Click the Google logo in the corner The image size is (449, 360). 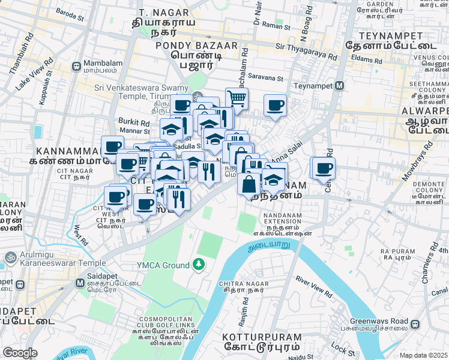click(x=20, y=353)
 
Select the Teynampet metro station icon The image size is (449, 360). click(x=340, y=85)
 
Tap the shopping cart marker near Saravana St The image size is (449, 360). click(x=237, y=97)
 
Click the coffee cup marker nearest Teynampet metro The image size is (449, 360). click(x=276, y=106)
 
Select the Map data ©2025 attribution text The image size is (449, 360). click(x=424, y=355)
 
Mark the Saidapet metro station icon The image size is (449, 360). click(x=22, y=284)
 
